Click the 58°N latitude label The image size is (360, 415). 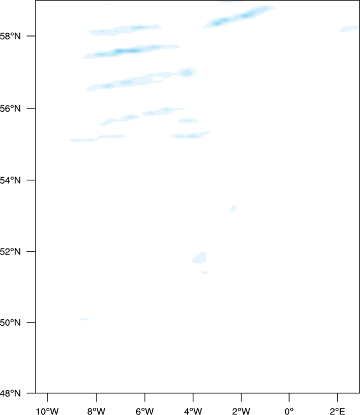pyautogui.click(x=10, y=36)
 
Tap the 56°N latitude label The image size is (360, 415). pyautogui.click(x=10, y=108)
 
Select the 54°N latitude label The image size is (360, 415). pyautogui.click(x=10, y=180)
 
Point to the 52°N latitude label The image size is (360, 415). pyautogui.click(x=10, y=251)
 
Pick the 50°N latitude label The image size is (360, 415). pyautogui.click(x=10, y=323)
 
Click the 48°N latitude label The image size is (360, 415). pyautogui.click(x=10, y=393)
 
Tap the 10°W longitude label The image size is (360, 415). pyautogui.click(x=47, y=411)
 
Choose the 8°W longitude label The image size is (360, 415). pyautogui.click(x=96, y=411)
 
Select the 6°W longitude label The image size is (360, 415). pyautogui.click(x=145, y=411)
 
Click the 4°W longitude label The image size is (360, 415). pyautogui.click(x=193, y=411)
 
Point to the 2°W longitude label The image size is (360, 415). pyautogui.click(x=241, y=411)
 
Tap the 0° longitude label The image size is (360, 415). pyautogui.click(x=289, y=411)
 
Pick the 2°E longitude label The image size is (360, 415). pyautogui.click(x=337, y=411)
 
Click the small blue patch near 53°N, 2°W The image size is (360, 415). pyautogui.click(x=233, y=209)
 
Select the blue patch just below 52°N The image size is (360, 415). pyautogui.click(x=199, y=258)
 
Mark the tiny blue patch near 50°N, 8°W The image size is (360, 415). pyautogui.click(x=85, y=319)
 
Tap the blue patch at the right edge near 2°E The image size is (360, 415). pyautogui.click(x=349, y=29)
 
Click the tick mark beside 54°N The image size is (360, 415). pyautogui.click(x=31, y=180)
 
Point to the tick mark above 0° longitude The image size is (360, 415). pyautogui.click(x=289, y=397)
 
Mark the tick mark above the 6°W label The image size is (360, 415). pyautogui.click(x=145, y=397)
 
